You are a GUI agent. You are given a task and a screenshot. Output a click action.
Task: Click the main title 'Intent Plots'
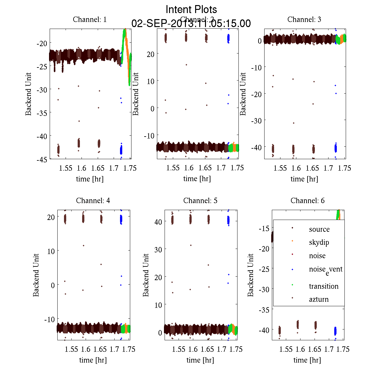click(191, 9)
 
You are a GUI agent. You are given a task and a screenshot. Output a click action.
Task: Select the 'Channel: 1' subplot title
click(90, 19)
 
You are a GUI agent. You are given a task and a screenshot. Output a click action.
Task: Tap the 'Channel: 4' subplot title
click(93, 201)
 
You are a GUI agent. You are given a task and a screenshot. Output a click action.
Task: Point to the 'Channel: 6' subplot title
click(308, 201)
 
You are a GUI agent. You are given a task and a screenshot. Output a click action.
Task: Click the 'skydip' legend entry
click(319, 242)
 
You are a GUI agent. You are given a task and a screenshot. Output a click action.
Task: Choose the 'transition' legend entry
click(323, 286)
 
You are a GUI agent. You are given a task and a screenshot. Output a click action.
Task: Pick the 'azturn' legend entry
click(319, 299)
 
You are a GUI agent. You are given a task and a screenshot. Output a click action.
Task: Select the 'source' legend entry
click(319, 229)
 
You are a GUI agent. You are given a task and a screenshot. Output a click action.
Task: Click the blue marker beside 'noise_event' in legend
click(292, 270)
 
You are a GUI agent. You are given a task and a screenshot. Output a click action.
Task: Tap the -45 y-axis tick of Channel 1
click(42, 159)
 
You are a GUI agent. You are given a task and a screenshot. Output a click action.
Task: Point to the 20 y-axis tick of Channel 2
click(150, 54)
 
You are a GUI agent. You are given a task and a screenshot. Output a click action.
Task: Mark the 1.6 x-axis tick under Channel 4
click(86, 349)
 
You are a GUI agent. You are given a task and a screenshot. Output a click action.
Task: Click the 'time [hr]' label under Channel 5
click(200, 360)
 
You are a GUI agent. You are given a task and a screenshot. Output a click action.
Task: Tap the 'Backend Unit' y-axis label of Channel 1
click(29, 94)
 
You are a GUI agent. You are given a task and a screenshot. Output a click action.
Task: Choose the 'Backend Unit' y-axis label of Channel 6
click(251, 275)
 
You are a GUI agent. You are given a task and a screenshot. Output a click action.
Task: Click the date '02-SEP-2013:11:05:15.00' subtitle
click(191, 24)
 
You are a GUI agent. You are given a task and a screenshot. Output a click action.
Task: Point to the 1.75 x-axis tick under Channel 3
click(344, 168)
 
